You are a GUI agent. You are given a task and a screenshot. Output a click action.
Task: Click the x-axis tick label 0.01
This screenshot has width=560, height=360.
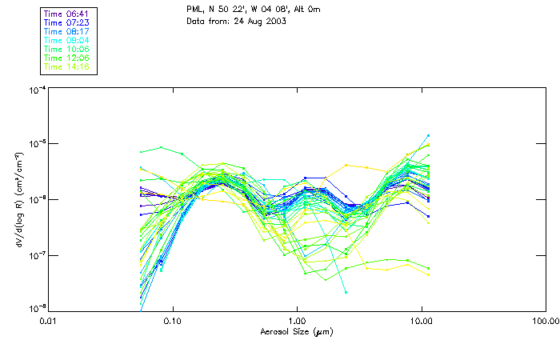coord(48,321)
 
